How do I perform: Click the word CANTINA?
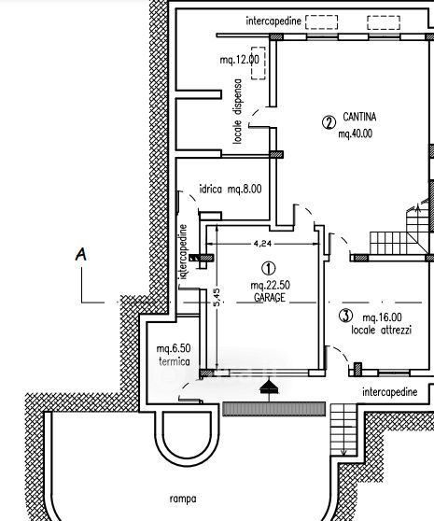click(x=359, y=117)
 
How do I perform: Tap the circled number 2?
click(x=329, y=122)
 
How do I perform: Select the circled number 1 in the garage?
click(x=268, y=269)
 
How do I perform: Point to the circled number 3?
click(x=345, y=316)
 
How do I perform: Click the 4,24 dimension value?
click(x=262, y=244)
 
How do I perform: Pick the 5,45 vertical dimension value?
click(x=217, y=297)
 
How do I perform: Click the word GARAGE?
click(x=270, y=297)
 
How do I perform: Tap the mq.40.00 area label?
click(x=355, y=134)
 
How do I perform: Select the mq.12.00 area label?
click(x=240, y=60)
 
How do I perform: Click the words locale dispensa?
click(x=237, y=111)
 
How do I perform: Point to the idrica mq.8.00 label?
click(x=231, y=189)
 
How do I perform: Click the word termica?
click(x=175, y=361)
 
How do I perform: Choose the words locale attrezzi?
click(x=381, y=330)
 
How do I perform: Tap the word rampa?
click(x=183, y=499)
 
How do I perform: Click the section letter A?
click(x=81, y=254)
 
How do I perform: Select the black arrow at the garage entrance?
click(x=269, y=387)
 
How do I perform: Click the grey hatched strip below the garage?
click(x=274, y=409)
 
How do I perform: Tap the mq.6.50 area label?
click(x=174, y=348)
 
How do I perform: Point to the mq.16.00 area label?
click(x=382, y=317)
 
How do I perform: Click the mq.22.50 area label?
click(x=270, y=285)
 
